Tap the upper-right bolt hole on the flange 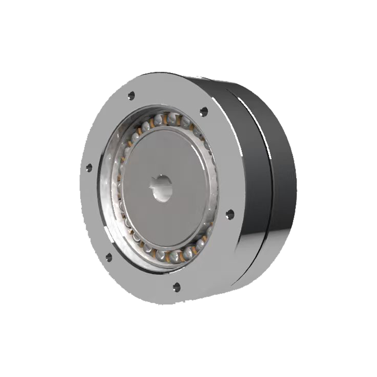tap(204, 112)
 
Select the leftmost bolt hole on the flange tap(88, 167)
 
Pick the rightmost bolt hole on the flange tap(230, 214)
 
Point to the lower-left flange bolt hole tap(108, 257)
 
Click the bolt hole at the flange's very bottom tap(177, 285)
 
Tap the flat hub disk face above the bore tap(163, 151)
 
